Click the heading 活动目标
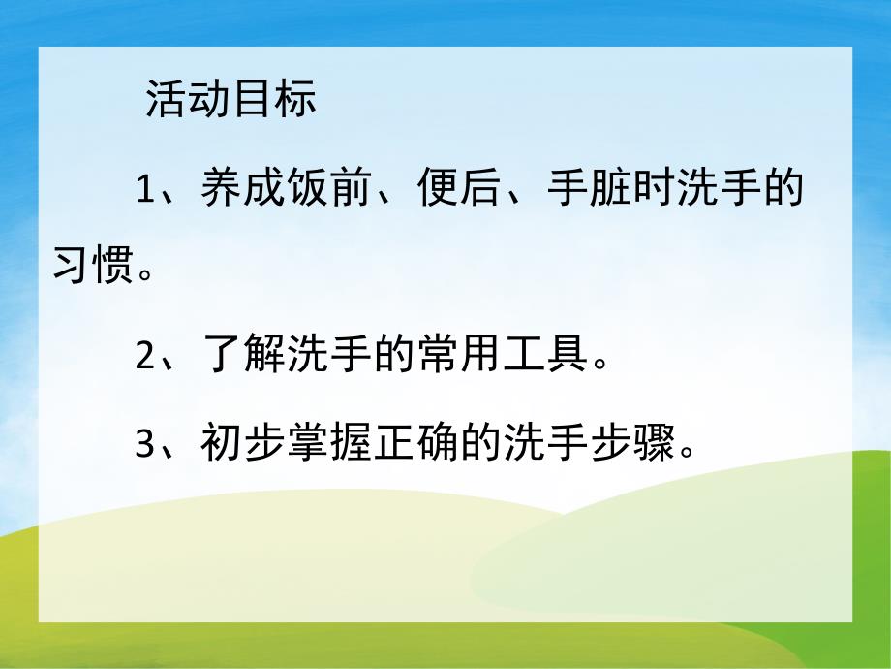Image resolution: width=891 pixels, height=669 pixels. click(230, 100)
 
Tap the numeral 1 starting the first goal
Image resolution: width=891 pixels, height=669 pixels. click(146, 188)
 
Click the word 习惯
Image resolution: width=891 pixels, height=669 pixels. click(92, 264)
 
